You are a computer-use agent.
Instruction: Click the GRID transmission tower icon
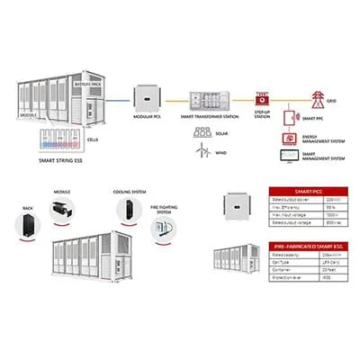[317, 96]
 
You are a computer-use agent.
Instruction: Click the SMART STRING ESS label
[66, 159]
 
